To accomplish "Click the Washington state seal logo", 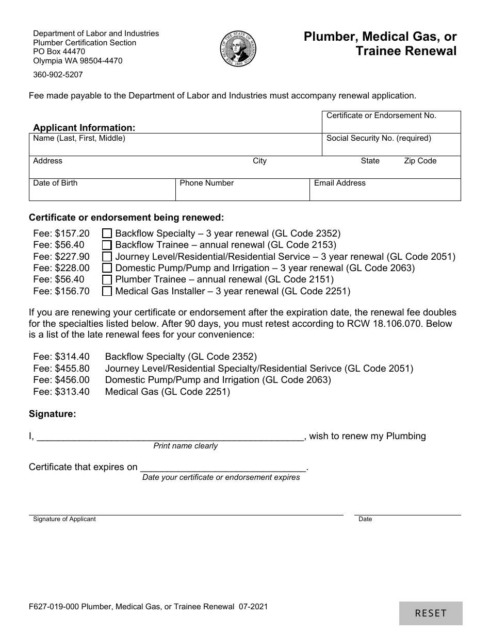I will [238, 48].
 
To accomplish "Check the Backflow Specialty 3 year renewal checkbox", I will [107, 233].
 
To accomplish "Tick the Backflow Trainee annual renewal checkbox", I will [107, 245].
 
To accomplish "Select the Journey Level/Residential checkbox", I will [107, 257].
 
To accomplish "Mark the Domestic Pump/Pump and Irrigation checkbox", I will [107, 268].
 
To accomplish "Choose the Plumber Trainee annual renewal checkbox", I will [107, 280].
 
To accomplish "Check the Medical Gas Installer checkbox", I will [107, 291].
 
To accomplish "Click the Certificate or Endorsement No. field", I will [391, 126].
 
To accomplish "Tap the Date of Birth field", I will [102, 193].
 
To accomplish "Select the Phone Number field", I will [242, 193].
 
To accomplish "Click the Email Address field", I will [385, 193].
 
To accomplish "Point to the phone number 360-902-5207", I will [58, 74].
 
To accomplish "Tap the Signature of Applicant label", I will [64, 519].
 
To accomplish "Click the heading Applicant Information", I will [84, 127].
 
